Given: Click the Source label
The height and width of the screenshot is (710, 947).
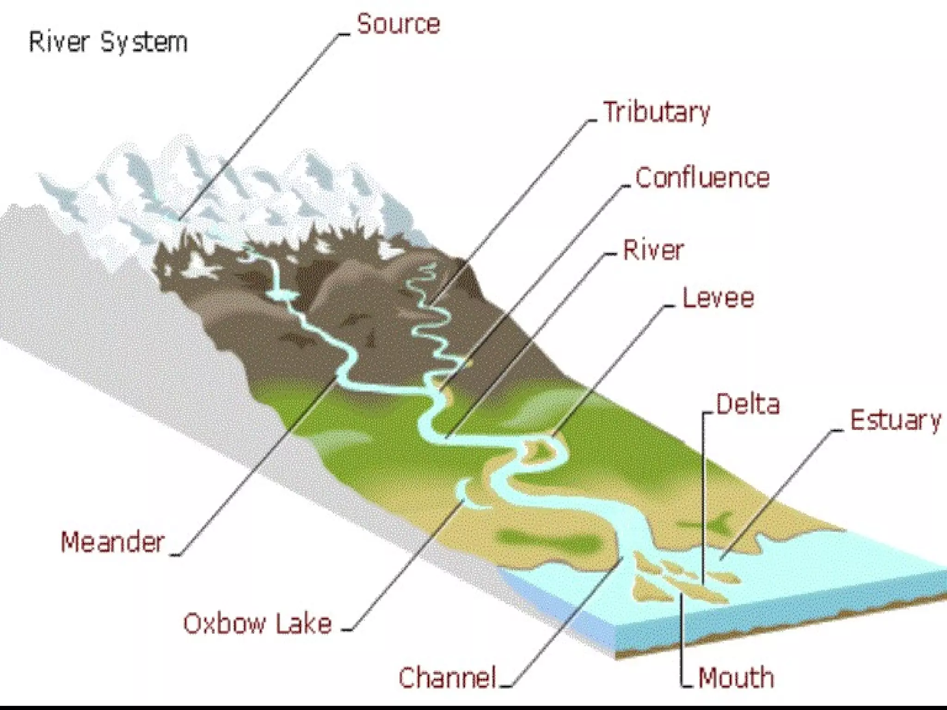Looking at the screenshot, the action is [398, 24].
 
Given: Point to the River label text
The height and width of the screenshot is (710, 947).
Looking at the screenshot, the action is [653, 251].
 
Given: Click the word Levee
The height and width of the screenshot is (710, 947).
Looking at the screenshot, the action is [718, 298].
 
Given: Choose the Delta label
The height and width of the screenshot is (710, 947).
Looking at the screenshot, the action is [748, 404].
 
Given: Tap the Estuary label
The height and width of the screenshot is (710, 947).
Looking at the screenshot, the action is [896, 421].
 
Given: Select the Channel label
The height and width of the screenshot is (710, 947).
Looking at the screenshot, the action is [447, 678].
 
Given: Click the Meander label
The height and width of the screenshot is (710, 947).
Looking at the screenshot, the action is [113, 542].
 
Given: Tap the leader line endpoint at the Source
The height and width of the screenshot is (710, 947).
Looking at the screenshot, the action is [180, 219].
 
